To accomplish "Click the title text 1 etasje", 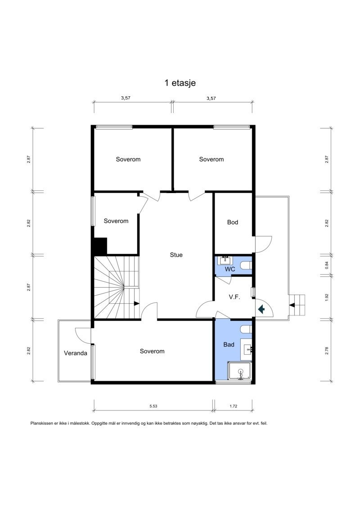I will click(x=180, y=83).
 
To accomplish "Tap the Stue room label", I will click(x=176, y=255).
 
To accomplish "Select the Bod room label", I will click(x=233, y=222).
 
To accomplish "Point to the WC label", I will click(x=230, y=269).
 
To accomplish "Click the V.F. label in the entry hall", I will click(x=234, y=297).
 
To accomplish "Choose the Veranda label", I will click(x=75, y=353).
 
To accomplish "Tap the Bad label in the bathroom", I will click(x=229, y=345).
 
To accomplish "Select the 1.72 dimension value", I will click(x=233, y=406).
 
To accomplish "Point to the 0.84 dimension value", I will click(x=327, y=265).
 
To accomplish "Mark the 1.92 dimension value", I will click(x=327, y=297).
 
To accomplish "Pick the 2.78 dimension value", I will click(x=327, y=351).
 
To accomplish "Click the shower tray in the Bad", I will click(x=240, y=371).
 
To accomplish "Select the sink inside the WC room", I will click(x=225, y=261).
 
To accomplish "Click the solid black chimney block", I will click(x=99, y=246).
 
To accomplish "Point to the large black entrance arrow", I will click(x=261, y=309).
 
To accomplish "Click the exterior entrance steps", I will click(x=297, y=305).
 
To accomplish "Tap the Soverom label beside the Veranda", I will click(x=152, y=351).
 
